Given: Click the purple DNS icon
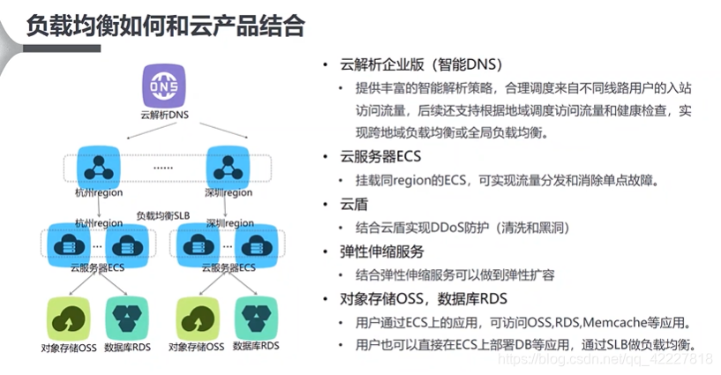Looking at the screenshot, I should tap(164, 88).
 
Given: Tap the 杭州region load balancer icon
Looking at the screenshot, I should tap(96, 166).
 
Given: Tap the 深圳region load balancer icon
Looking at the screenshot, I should tap(226, 166).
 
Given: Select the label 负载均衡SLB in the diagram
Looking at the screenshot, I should tap(162, 215).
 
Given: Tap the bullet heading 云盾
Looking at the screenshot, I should tap(353, 203).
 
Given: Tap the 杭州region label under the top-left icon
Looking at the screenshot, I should tap(98, 191).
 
